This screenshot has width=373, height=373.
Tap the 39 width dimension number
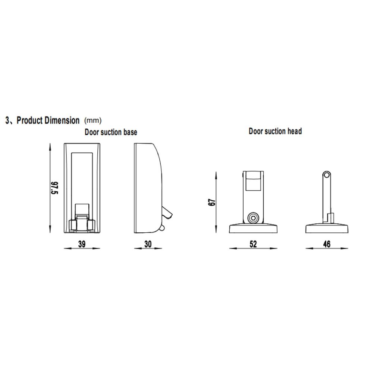[x=82, y=244]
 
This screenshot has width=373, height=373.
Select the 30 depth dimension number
[x=148, y=244]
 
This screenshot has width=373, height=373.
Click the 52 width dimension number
[x=254, y=244]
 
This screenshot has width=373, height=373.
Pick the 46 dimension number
[x=327, y=244]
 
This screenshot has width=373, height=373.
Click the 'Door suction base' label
[x=111, y=132]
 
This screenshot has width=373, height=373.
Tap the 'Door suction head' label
[x=275, y=131]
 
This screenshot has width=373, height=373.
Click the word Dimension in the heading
[x=62, y=120]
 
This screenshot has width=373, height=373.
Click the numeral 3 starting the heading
[x=7, y=120]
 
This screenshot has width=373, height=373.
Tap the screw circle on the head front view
[x=254, y=217]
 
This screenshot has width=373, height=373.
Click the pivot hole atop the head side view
[x=327, y=175]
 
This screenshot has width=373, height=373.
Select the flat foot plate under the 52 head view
[x=254, y=229]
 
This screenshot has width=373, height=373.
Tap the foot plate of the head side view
[x=327, y=229]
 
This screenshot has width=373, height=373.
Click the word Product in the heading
[x=31, y=120]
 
